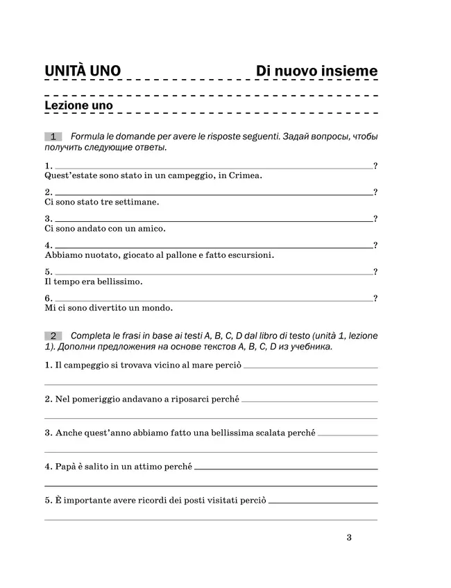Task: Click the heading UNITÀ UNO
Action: [x=83, y=71]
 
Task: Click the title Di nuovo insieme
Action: [x=316, y=71]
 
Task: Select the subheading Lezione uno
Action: [x=78, y=105]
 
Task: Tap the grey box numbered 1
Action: [x=53, y=137]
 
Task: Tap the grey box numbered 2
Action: [x=53, y=336]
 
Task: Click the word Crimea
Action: [x=246, y=176]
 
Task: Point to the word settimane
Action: [x=138, y=202]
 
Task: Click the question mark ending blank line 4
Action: [x=375, y=245]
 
